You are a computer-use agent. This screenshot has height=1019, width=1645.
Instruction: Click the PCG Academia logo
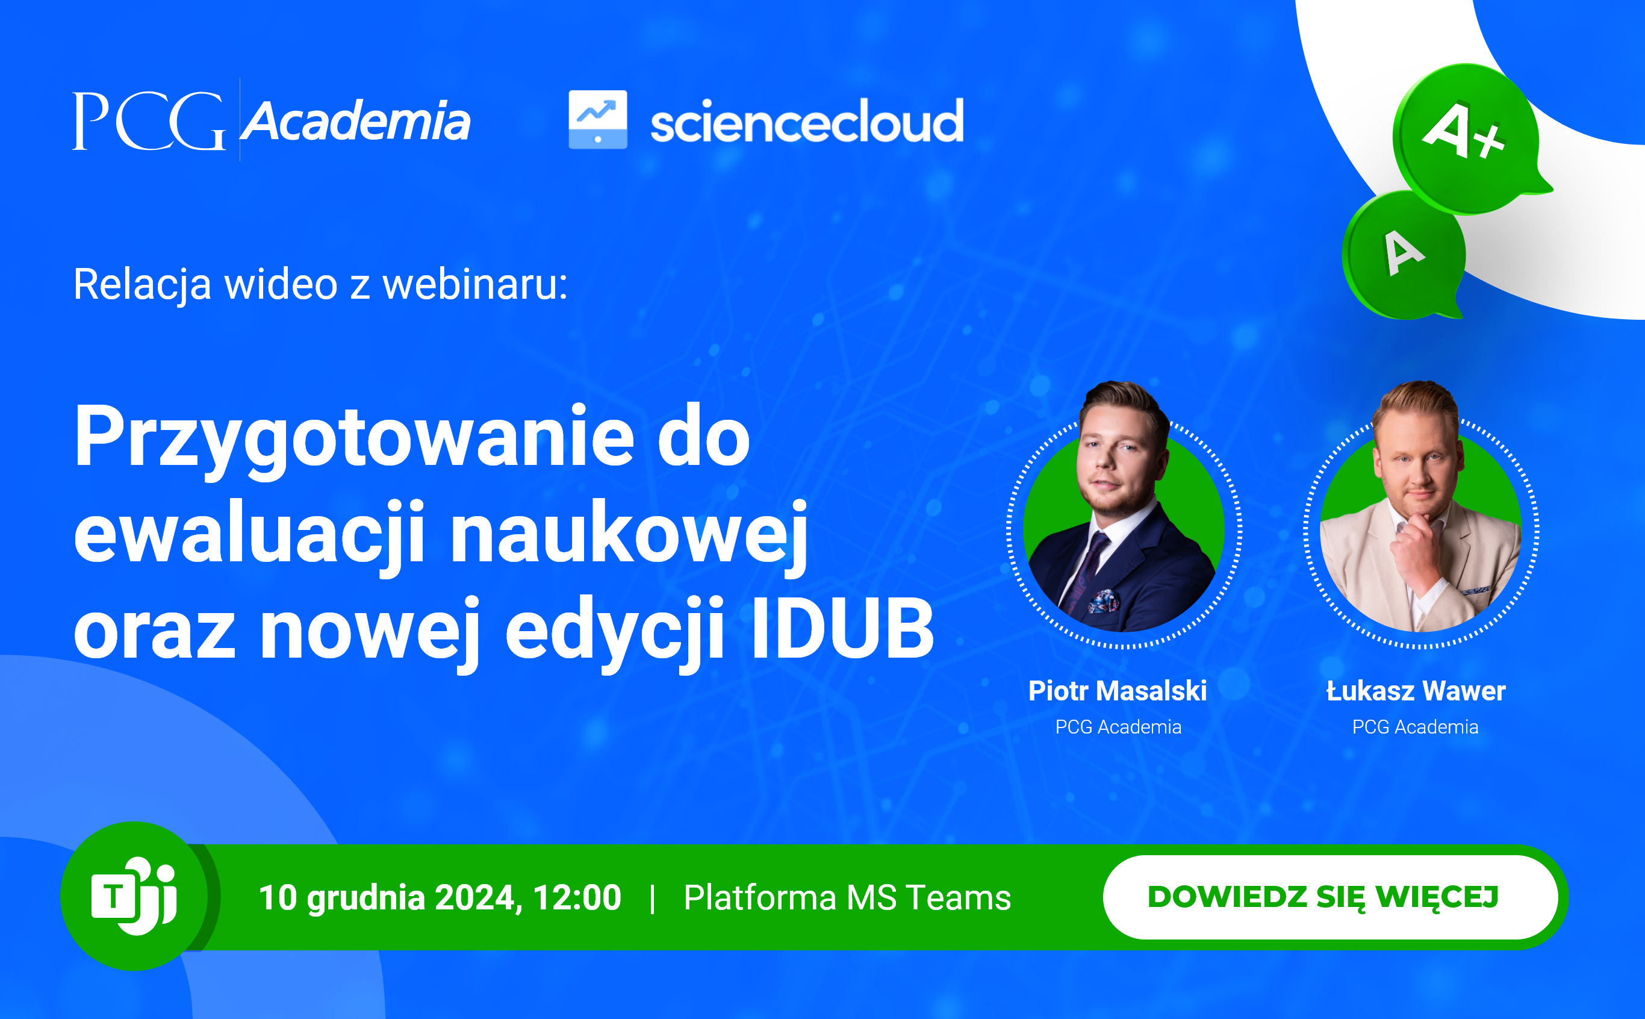pyautogui.click(x=272, y=120)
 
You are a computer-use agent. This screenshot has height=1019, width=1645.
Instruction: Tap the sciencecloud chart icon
pyautogui.click(x=597, y=119)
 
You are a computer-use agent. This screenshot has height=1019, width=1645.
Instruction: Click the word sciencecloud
pyautogui.click(x=807, y=120)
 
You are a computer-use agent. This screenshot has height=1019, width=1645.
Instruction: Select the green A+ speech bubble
pyautogui.click(x=1469, y=138)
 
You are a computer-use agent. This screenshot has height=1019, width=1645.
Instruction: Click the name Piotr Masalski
pyautogui.click(x=1118, y=691)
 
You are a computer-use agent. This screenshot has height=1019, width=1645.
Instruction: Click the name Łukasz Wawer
pyautogui.click(x=1416, y=691)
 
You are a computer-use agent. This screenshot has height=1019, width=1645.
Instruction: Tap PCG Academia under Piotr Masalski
pyautogui.click(x=1118, y=727)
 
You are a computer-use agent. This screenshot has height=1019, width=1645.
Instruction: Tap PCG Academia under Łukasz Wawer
pyautogui.click(x=1416, y=727)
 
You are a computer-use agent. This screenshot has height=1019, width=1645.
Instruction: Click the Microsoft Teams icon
pyautogui.click(x=134, y=896)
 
